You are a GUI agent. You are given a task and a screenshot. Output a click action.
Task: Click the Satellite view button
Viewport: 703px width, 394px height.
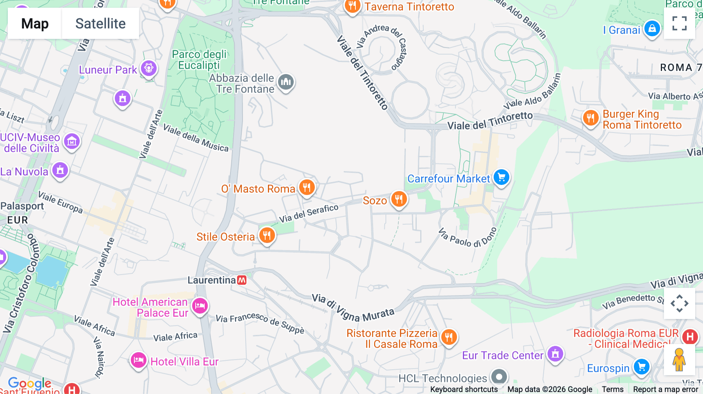pos(100,23)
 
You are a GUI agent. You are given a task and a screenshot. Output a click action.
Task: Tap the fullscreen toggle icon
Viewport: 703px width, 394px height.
pos(679,23)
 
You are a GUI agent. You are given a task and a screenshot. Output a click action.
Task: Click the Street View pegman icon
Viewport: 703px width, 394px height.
pos(679,360)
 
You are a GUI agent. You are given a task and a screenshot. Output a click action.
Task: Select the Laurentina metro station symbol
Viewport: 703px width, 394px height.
pos(242,280)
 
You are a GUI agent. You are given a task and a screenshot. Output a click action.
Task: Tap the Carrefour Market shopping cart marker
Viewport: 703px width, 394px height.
pos(501,177)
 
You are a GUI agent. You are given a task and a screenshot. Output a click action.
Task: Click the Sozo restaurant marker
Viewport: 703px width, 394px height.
pos(399,199)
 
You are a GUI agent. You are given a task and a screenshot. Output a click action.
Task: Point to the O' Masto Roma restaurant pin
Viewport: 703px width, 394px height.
pos(307,188)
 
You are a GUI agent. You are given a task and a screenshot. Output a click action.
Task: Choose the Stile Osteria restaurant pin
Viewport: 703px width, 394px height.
pos(267,236)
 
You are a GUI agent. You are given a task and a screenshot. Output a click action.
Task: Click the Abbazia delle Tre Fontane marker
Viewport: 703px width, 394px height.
pos(286,82)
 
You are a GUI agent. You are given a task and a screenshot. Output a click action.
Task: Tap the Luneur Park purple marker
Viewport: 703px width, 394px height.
pos(149,68)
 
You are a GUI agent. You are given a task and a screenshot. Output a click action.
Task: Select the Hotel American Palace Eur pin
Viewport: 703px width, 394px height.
pos(200,306)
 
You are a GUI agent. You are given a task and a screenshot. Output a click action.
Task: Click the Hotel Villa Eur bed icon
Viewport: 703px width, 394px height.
pos(138,360)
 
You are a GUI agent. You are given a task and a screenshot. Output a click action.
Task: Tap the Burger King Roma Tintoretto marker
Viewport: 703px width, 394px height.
pos(591,118)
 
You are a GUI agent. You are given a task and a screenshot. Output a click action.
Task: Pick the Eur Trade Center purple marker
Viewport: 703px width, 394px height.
pos(555,354)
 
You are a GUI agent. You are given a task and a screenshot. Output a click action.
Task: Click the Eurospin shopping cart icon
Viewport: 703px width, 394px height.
pos(641,367)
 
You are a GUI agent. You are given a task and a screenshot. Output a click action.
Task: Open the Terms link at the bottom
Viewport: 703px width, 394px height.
pos(612,389)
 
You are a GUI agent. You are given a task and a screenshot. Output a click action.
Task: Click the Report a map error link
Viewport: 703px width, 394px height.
pos(666,389)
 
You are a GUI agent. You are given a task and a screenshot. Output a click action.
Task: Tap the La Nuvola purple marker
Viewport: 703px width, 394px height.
pos(60,170)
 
